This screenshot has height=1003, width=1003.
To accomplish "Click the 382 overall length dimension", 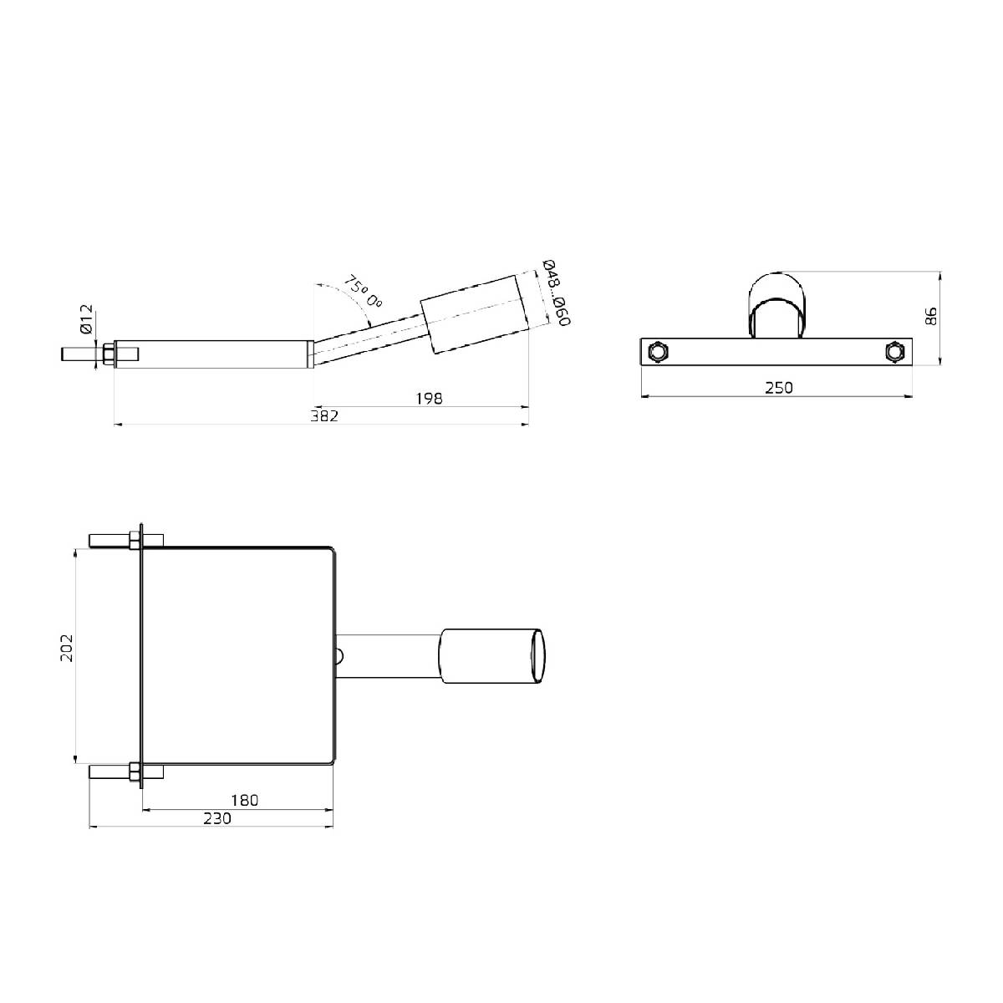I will pyautogui.click(x=324, y=416).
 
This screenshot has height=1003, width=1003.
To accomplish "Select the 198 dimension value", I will pyautogui.click(x=429, y=398).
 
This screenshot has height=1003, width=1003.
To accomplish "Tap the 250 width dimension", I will pyautogui.click(x=778, y=387).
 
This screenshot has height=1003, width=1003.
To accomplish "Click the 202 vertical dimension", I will pyautogui.click(x=68, y=648).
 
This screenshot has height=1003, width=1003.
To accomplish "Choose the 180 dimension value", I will pyautogui.click(x=243, y=800).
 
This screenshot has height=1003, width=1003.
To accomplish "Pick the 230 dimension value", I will pyautogui.click(x=216, y=818).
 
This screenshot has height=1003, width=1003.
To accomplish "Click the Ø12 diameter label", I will pyautogui.click(x=86, y=318).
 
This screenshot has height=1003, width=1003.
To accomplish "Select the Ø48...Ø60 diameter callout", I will pyautogui.click(x=556, y=293).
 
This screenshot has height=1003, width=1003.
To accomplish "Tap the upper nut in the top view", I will pyautogui.click(x=134, y=539).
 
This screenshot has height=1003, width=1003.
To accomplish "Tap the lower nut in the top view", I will pyautogui.click(x=134, y=772).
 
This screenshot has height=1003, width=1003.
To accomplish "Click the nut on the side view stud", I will pyautogui.click(x=108, y=353).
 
